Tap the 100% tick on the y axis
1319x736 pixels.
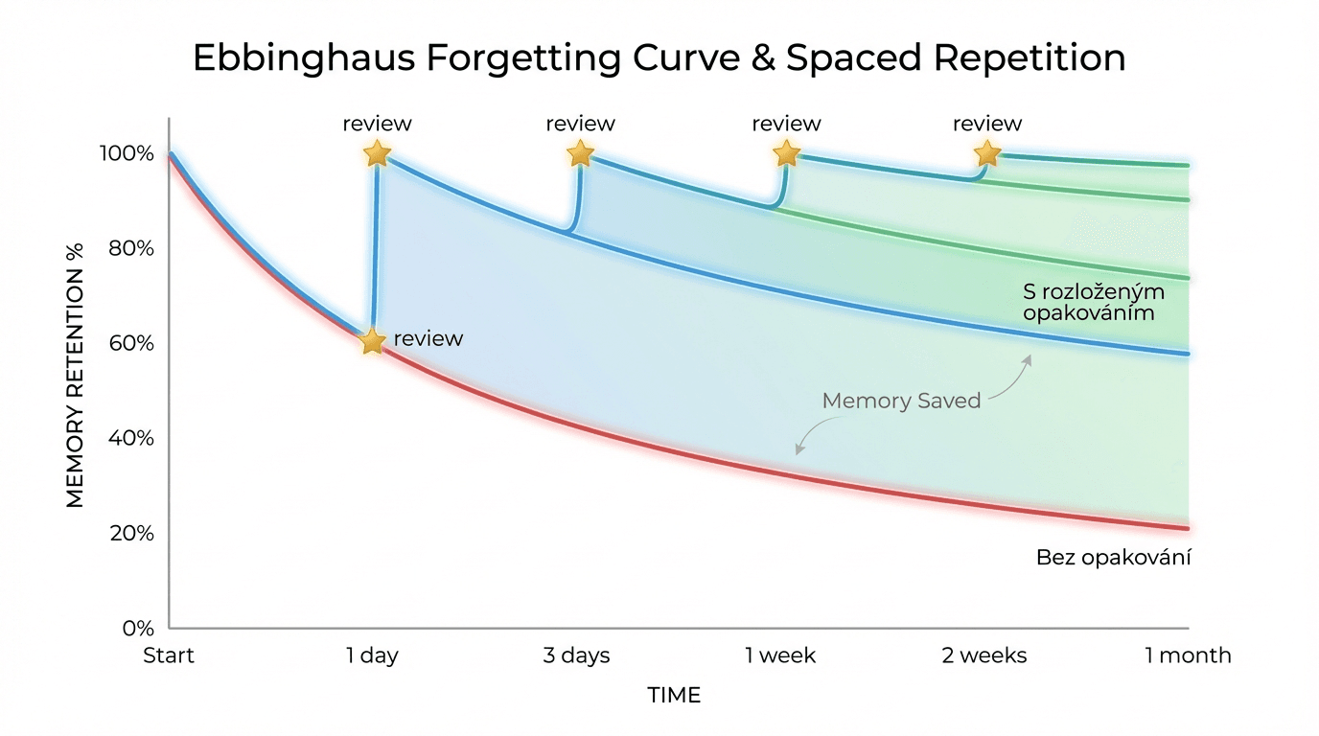pos(127,153)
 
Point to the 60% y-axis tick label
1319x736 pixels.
pos(131,343)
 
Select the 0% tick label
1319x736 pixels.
pos(138,629)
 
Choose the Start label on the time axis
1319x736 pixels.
pos(169,655)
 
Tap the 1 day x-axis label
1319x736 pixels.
pos(372,655)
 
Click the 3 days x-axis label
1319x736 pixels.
pos(576,655)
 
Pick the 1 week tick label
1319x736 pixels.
pos(780,655)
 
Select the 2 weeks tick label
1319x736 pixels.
pos(983,655)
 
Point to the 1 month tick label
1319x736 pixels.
pos(1188,655)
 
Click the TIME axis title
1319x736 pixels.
pos(674,696)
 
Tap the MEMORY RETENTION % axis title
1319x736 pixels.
pos(75,376)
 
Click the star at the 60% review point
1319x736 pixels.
pos(372,341)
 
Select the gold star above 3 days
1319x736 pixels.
pos(580,153)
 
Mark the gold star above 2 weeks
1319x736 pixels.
pos(987,153)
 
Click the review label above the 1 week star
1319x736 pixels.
pos(786,124)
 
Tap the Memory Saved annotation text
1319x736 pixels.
pos(901,401)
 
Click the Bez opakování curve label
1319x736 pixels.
pos(1114,557)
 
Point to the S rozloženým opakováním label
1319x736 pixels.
pos(1094,302)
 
